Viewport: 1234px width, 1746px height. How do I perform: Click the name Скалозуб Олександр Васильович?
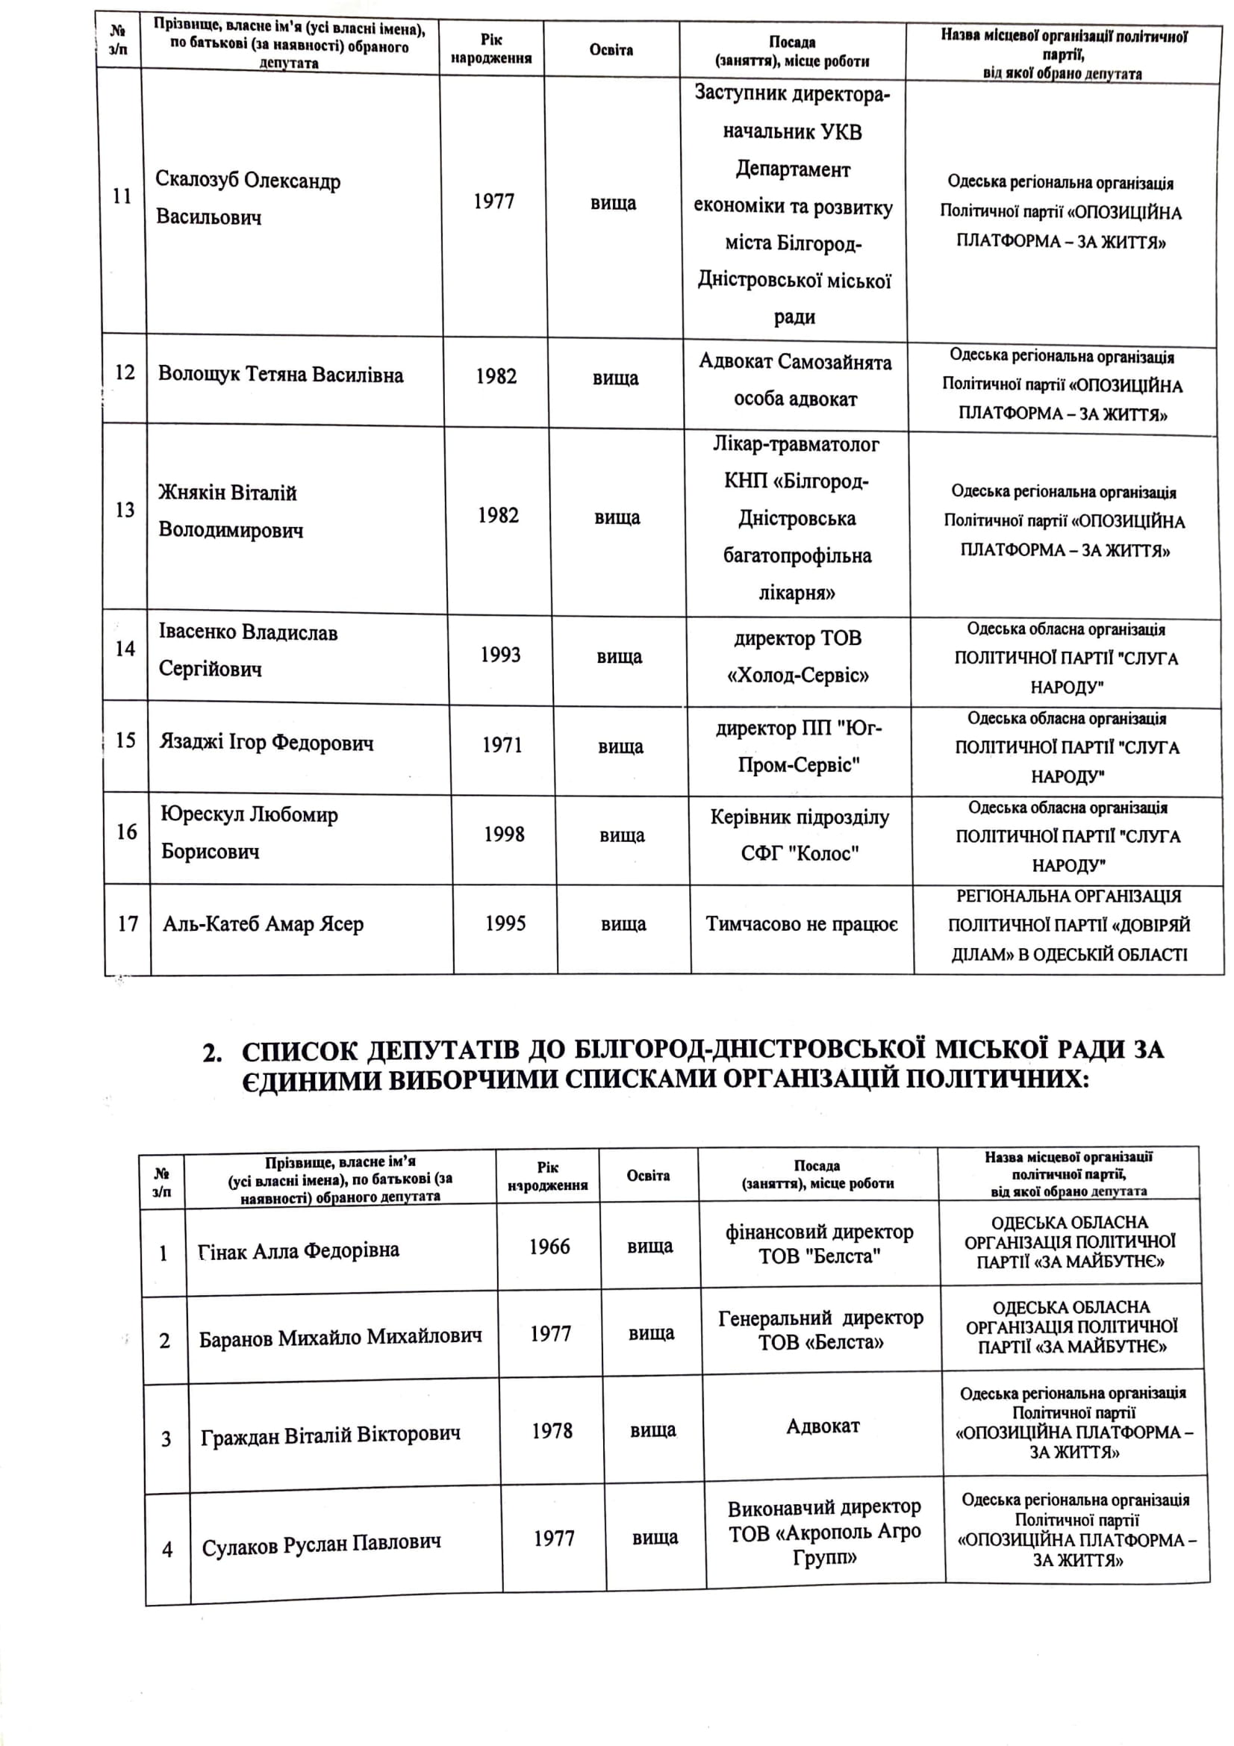pos(248,199)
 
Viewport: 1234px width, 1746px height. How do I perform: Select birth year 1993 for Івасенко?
pos(500,655)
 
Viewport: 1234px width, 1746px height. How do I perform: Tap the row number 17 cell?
pos(128,924)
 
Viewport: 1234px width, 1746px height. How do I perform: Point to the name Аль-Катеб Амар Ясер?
pos(263,924)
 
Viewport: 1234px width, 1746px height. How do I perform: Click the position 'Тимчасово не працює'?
pos(801,924)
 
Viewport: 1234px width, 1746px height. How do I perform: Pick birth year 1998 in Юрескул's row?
pos(504,835)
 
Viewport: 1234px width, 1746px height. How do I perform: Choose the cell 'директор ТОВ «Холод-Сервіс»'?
pos(797,656)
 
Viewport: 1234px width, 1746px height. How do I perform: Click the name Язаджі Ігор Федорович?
pos(266,742)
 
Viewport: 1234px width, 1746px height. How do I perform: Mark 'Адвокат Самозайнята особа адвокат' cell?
pos(794,380)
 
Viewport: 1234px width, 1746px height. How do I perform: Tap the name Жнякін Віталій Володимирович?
pos(231,511)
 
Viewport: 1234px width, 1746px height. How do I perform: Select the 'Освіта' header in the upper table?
pos(611,50)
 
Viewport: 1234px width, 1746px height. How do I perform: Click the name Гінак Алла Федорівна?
pos(298,1251)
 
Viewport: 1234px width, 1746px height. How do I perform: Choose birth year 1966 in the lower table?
pos(549,1247)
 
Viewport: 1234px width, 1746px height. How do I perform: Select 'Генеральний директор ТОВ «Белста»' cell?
pos(820,1330)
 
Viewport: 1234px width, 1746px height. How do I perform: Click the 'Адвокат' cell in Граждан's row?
pos(823,1427)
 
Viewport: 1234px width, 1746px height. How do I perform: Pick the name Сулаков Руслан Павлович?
pos(321,1545)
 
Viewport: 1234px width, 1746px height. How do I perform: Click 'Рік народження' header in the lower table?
pos(547,1176)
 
